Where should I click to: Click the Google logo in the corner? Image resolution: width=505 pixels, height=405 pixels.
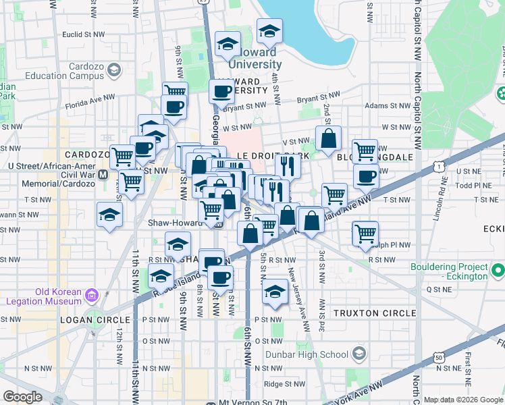pyautogui.click(x=22, y=397)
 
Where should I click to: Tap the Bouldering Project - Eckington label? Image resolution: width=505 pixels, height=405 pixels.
pyautogui.click(x=449, y=271)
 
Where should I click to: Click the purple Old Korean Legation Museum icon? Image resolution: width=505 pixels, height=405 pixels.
pyautogui.click(x=92, y=295)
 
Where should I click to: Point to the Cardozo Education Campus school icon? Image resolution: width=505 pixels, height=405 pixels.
pyautogui.click(x=114, y=70)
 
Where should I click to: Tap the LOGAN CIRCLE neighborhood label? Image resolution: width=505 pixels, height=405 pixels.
pyautogui.click(x=100, y=319)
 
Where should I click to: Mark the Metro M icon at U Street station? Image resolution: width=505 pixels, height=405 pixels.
pyautogui.click(x=103, y=174)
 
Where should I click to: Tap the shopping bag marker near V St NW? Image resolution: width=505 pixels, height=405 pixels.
pyautogui.click(x=328, y=138)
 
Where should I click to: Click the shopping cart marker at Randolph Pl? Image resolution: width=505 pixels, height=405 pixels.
pyautogui.click(x=365, y=234)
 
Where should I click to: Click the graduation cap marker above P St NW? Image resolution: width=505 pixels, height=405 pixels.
pyautogui.click(x=274, y=291)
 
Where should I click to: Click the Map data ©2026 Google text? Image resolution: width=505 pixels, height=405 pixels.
pyautogui.click(x=462, y=400)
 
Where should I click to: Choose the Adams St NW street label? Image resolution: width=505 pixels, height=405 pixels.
pyautogui.click(x=386, y=105)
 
